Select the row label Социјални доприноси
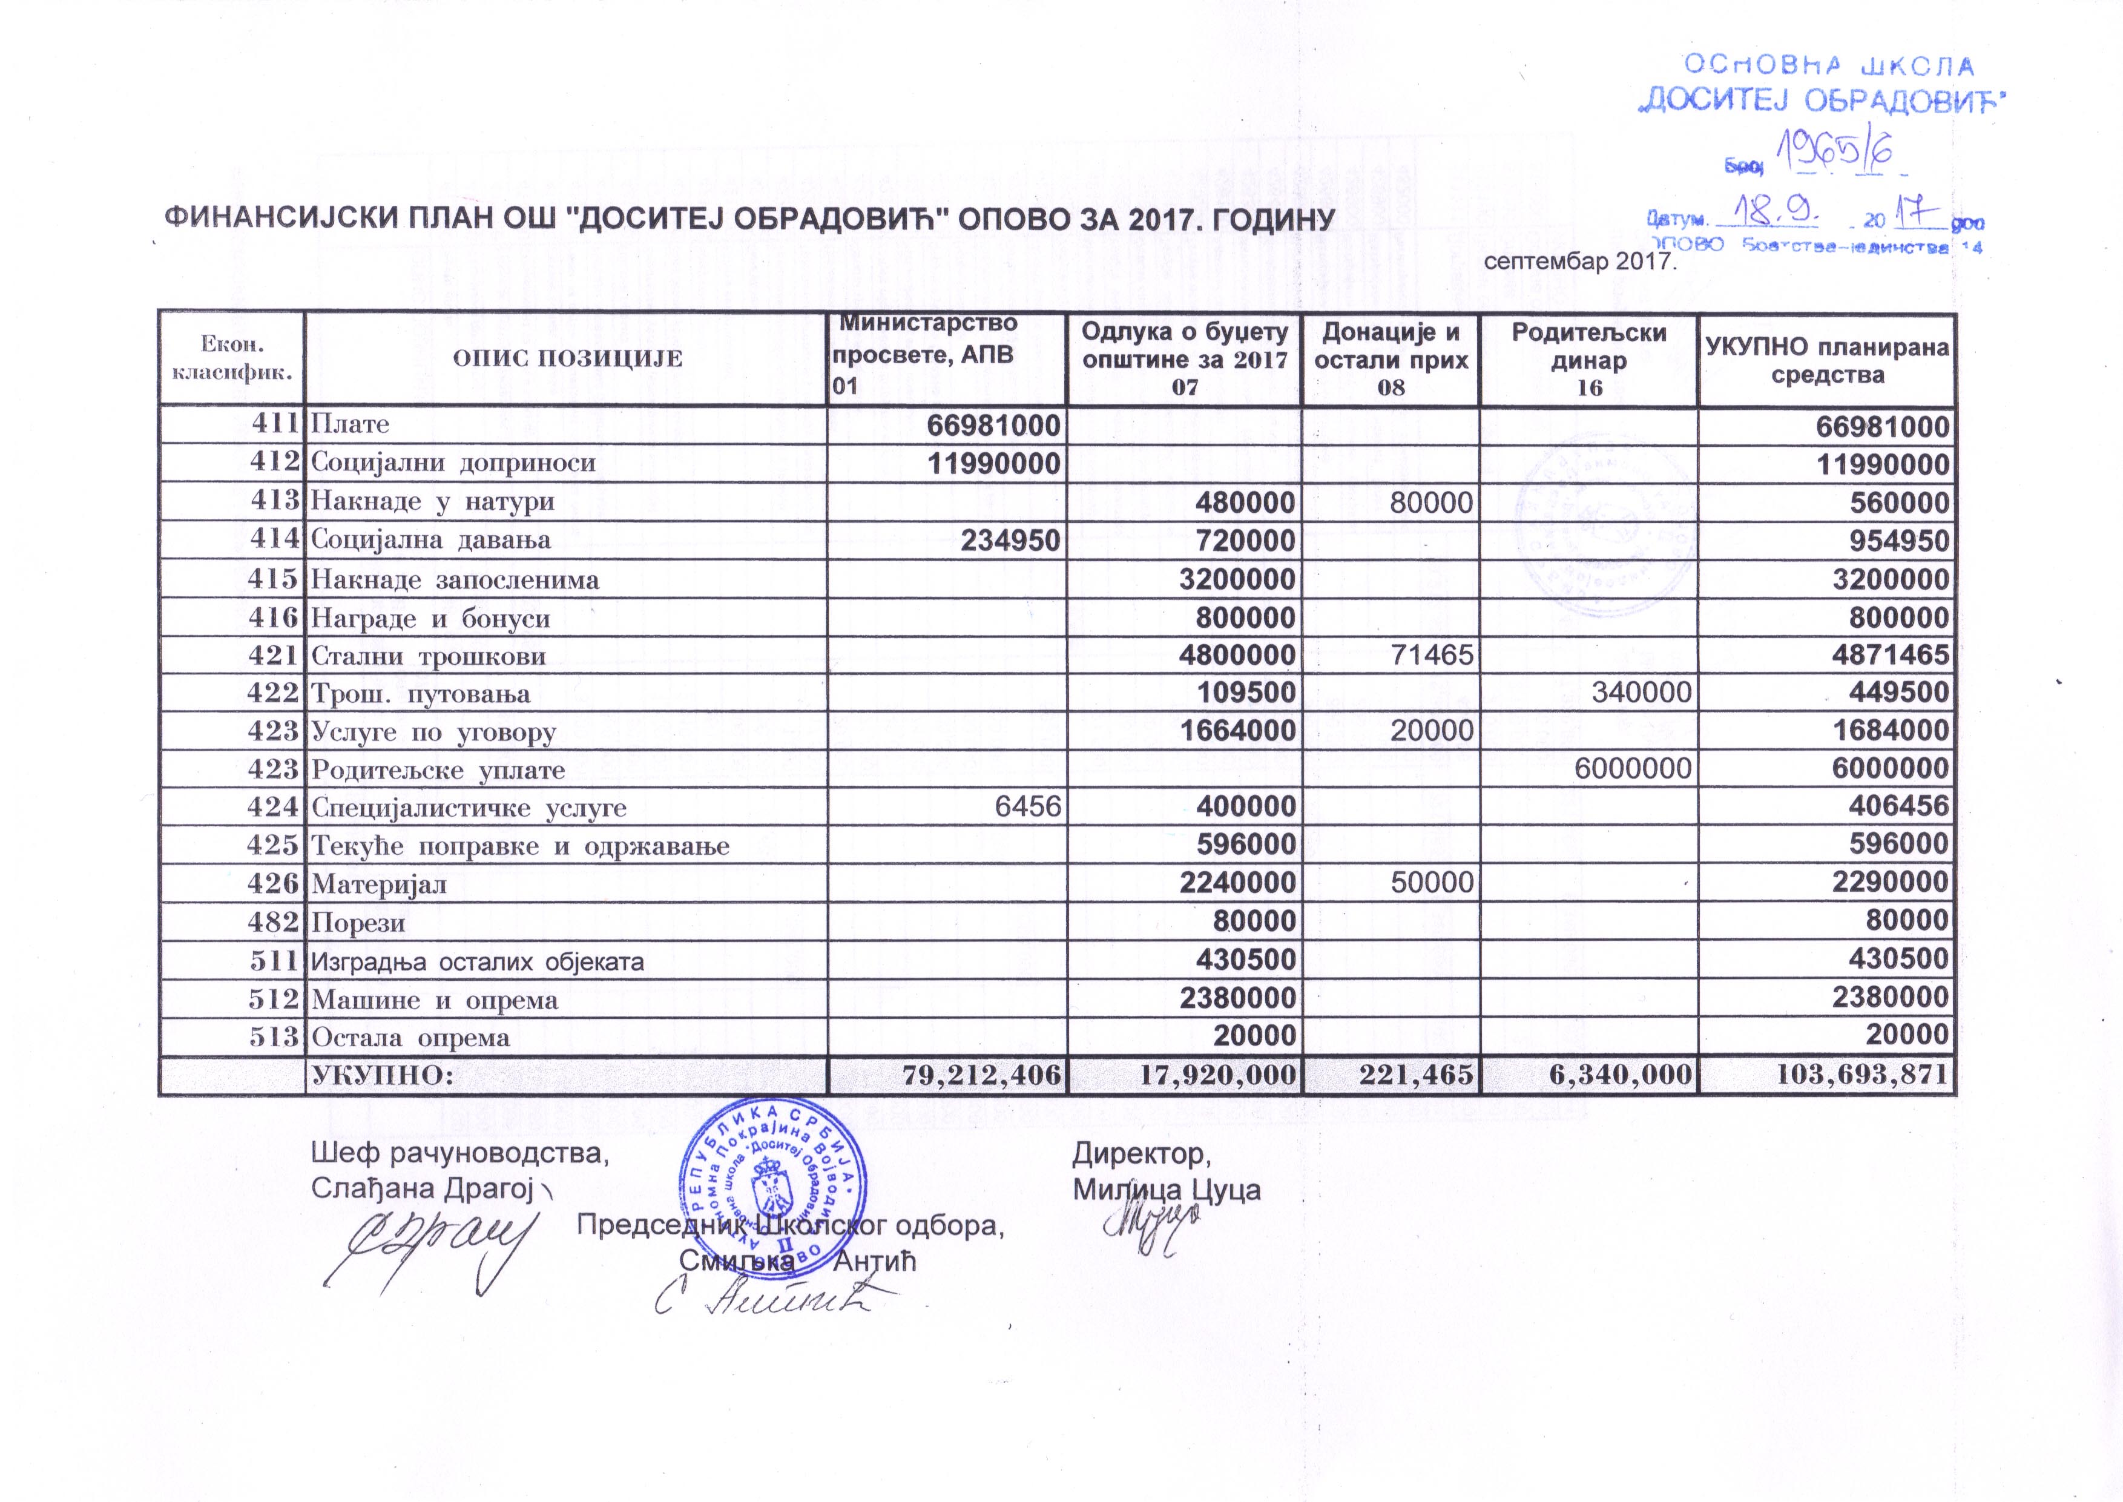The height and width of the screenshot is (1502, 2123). pos(453,463)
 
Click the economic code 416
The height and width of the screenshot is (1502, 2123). pos(275,617)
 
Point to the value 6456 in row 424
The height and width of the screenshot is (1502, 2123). pos(1027,806)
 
